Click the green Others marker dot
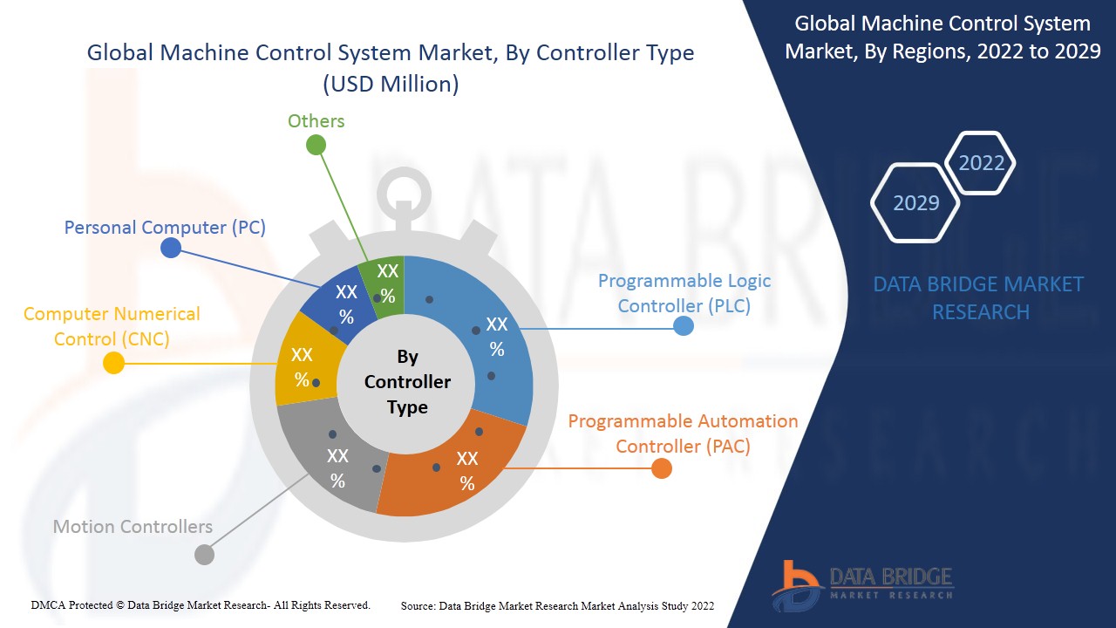pos(316,145)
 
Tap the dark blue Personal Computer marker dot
pos(171,248)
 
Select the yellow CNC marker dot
pos(113,363)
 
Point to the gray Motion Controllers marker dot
pos(204,554)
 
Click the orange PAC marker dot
pos(662,468)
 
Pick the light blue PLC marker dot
pos(684,326)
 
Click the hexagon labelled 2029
pos(915,203)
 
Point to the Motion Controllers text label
pos(133,526)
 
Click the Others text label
pos(316,121)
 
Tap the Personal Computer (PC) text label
pos(165,228)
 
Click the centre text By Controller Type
pos(407,382)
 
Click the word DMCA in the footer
pos(47,605)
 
